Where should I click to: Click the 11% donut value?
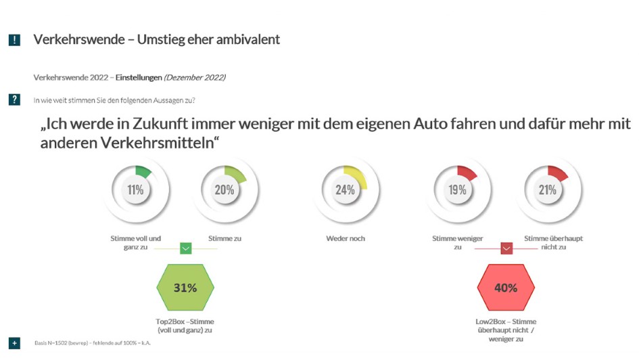click(x=135, y=190)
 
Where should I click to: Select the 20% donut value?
click(x=224, y=190)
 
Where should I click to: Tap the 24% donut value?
click(x=345, y=190)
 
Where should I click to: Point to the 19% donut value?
click(x=458, y=190)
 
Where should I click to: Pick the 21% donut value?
click(x=548, y=190)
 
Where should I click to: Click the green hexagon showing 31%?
click(x=185, y=288)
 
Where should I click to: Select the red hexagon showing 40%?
click(x=506, y=288)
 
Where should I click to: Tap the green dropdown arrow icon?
click(x=186, y=248)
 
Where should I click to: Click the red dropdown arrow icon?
click(x=506, y=248)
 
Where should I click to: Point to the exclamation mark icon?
click(x=14, y=40)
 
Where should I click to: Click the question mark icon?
click(x=14, y=100)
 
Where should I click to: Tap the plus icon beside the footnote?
click(x=14, y=343)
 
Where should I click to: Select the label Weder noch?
click(x=345, y=238)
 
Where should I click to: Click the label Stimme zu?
click(x=224, y=238)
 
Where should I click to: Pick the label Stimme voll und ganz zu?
click(x=135, y=242)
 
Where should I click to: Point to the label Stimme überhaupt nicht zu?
click(x=553, y=242)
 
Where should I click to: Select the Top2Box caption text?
click(x=185, y=325)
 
